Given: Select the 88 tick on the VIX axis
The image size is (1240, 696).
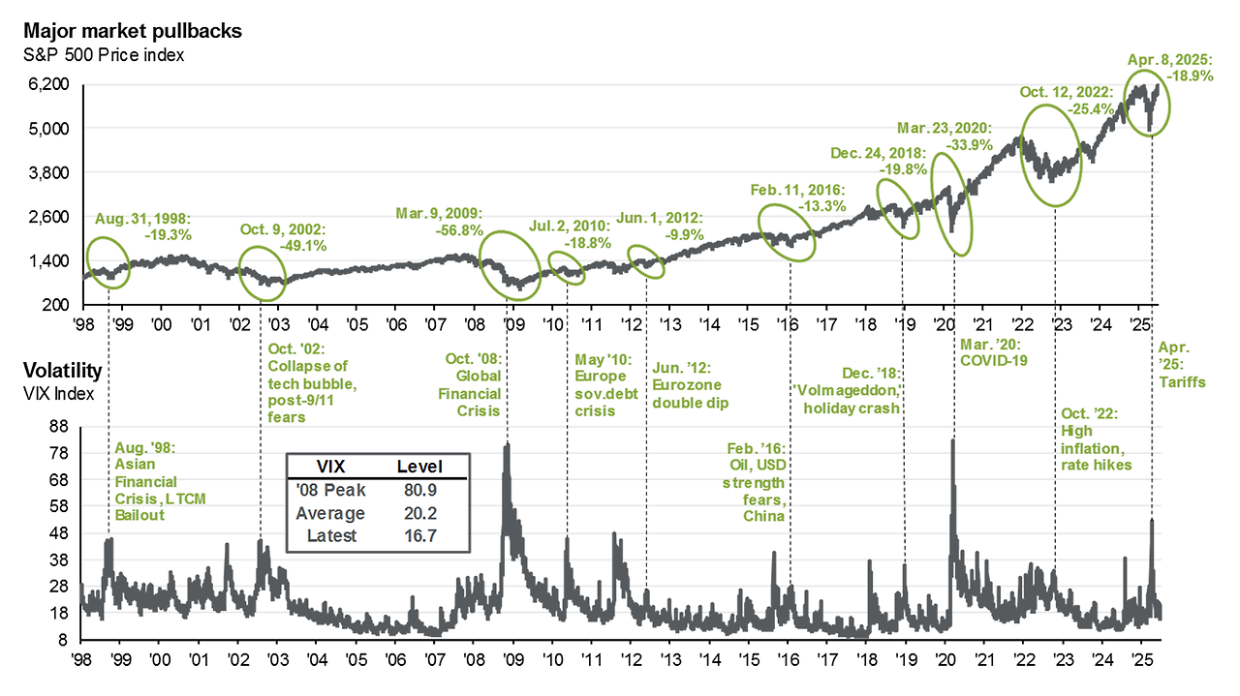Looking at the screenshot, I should (60, 425).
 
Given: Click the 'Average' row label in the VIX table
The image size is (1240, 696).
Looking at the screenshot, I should (330, 513).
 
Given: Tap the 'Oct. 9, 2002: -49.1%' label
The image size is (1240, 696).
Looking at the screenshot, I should (284, 237).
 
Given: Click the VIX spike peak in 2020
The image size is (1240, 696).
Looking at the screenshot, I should (952, 440).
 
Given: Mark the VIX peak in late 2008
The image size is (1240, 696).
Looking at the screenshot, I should (506, 445).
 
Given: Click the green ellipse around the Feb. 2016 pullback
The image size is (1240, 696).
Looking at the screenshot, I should (788, 233).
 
